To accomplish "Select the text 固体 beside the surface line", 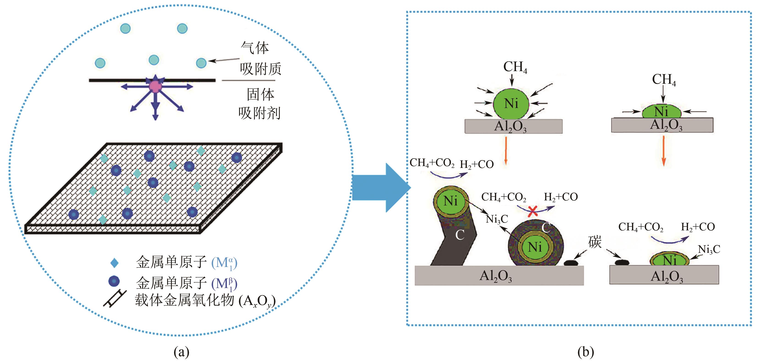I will tap(260, 94).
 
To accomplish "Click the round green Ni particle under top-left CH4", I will tap(511, 104).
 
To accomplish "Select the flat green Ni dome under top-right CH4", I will tap(661, 112).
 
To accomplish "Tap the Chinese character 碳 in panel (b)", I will tap(595, 242).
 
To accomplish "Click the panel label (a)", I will tap(181, 352).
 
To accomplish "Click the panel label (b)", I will tap(586, 352).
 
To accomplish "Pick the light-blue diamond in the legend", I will tap(114, 263).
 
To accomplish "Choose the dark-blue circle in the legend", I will tap(114, 281).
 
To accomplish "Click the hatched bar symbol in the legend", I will tap(115, 299).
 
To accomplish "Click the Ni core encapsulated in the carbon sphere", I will tap(535, 247).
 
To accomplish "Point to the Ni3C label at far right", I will tap(709, 249).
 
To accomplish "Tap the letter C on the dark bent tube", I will tap(460, 235).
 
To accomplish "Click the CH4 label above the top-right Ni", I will tap(664, 79).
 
